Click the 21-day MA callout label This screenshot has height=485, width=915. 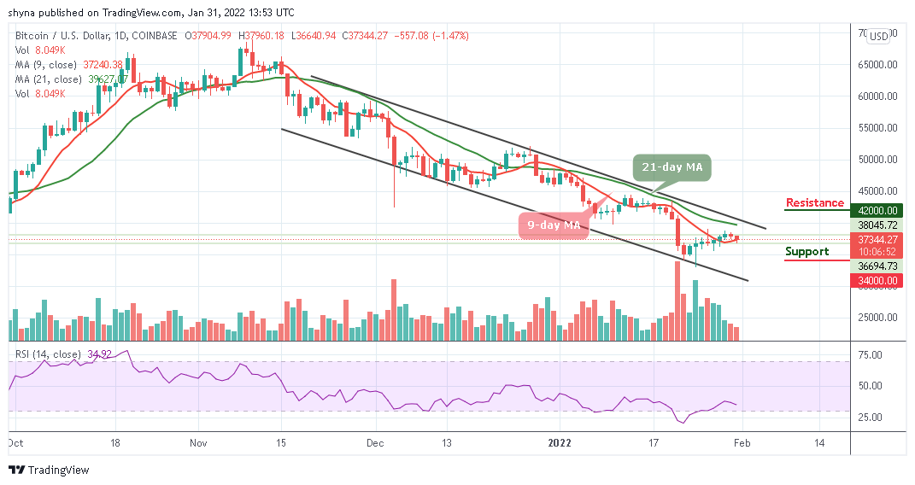tap(674, 168)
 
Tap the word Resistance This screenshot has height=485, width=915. tap(814, 203)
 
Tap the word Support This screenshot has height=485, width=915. tap(806, 251)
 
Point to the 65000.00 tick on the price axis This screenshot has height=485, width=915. tap(877, 64)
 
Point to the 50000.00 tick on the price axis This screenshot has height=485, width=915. tap(877, 160)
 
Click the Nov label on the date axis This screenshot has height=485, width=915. tap(198, 443)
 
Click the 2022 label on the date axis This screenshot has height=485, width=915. tap(560, 443)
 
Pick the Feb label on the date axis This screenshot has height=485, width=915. tap(742, 443)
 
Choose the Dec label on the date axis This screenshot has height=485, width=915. tap(374, 443)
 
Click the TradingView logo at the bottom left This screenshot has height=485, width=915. tap(50, 470)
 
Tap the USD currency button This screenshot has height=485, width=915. tap(877, 37)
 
